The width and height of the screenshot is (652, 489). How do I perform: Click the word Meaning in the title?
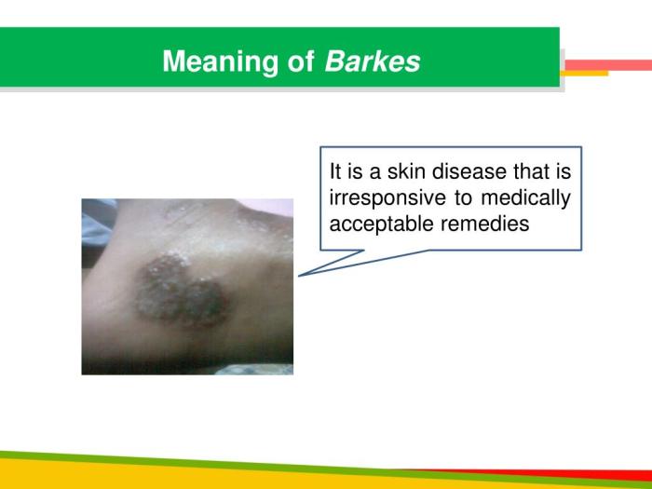pos(220,62)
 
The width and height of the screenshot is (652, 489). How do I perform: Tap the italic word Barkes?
pos(373,61)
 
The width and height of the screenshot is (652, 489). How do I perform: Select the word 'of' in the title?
pos(301,61)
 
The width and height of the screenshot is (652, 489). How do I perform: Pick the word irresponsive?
pos(387,197)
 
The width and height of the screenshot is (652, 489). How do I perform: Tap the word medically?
pos(525,197)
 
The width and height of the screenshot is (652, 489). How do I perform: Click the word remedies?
pos(485,224)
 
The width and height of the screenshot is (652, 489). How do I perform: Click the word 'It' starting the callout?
pos(333,171)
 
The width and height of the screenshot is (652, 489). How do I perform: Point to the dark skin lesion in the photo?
pos(182,290)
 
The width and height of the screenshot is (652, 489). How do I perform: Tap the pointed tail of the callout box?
pos(299,276)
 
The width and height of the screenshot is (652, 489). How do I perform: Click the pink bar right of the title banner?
pos(608,65)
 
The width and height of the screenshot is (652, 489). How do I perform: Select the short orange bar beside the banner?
pos(585,74)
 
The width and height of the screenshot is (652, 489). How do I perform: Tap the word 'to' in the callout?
pos(463,198)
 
